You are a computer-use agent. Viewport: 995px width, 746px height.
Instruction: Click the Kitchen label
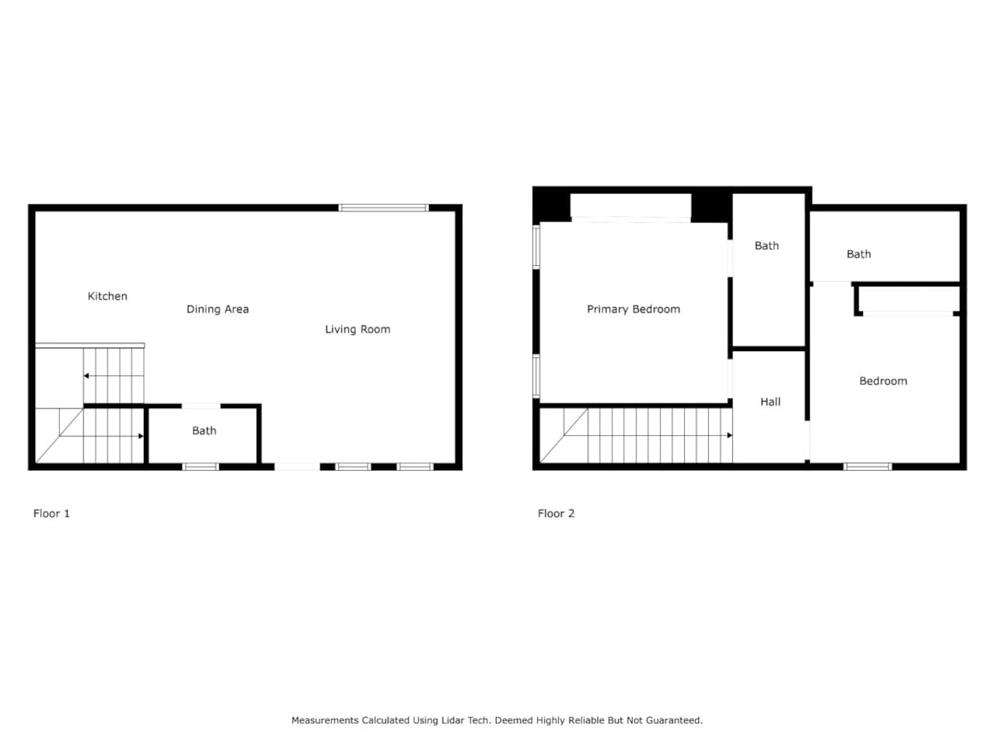point(107,296)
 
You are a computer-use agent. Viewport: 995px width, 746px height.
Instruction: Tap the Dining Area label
point(218,309)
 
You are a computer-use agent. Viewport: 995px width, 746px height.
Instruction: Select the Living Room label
point(358,329)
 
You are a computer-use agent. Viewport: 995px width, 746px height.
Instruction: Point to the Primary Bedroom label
point(634,309)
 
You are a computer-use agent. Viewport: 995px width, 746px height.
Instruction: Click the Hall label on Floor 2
point(770,402)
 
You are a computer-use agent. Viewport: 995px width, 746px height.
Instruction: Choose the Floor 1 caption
point(51,513)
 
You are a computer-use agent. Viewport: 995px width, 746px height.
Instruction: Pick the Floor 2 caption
point(556,513)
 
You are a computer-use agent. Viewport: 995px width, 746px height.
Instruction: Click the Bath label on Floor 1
point(204,431)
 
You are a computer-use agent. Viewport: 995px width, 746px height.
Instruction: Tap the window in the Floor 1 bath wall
point(201,466)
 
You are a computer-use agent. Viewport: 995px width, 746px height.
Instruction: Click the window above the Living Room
point(383,208)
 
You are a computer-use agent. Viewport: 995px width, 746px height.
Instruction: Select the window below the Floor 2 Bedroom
point(868,466)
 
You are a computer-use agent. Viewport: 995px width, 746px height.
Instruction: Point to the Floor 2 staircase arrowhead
point(729,435)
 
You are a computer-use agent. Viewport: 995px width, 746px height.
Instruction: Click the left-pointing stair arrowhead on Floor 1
point(86,376)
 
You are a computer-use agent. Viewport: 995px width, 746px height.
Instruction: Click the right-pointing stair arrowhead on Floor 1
point(141,436)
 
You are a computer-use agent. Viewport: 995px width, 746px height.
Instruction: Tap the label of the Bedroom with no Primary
point(883,381)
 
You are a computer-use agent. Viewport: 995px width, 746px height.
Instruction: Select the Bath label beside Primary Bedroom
point(766,246)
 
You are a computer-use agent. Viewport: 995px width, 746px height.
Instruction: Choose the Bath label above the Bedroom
point(858,254)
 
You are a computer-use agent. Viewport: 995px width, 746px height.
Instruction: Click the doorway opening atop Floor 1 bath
point(201,406)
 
